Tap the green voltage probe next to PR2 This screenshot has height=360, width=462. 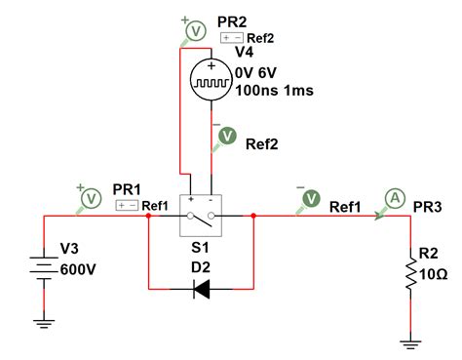point(195,30)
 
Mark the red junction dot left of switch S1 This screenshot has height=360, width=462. point(147,217)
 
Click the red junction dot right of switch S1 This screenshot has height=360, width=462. point(252,217)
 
